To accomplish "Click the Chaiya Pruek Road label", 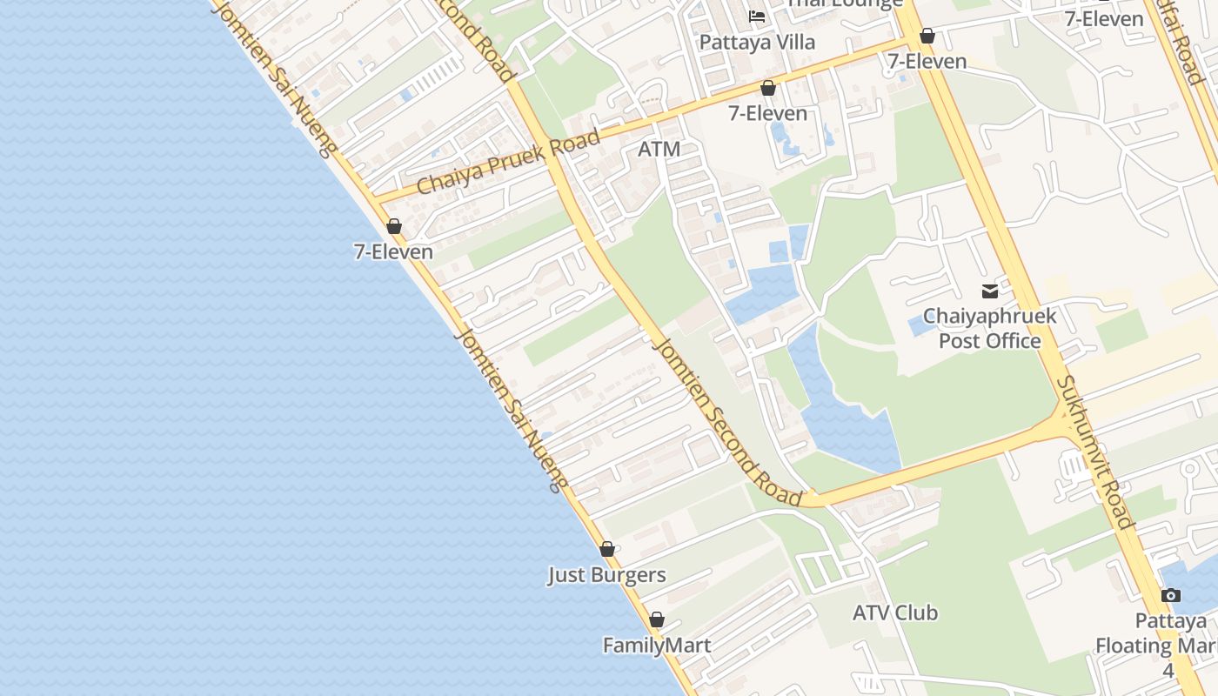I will coord(508,162).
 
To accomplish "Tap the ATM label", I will coord(659,149).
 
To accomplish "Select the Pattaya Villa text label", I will coord(757,42).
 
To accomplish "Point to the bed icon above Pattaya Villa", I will coord(757,16).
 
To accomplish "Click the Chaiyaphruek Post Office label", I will coord(989,328).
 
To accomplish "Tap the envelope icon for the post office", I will coord(990,291).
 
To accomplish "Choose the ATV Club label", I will coord(894,612).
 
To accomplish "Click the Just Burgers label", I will coord(606,575).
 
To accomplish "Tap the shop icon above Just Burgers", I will coord(607,549).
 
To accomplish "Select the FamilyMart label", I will coord(657,646).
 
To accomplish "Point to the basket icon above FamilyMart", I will coord(657,619).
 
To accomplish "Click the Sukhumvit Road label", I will coord(1095,452).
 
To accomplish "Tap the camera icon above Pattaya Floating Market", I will coord(1171,596).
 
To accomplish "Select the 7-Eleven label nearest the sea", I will coord(393,251).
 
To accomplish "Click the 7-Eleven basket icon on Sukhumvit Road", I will coord(927,36).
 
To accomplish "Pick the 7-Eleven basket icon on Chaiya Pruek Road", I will coord(768,88).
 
